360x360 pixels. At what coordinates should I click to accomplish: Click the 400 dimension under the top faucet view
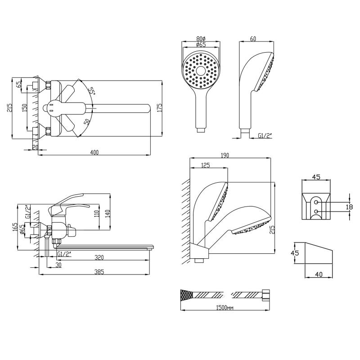[x=94, y=152]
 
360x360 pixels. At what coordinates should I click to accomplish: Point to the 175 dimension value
[x=160, y=108]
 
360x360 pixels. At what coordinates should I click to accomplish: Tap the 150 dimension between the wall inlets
[x=25, y=108]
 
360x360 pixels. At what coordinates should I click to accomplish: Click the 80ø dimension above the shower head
[x=201, y=38]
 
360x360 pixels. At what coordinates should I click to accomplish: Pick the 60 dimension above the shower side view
[x=253, y=39]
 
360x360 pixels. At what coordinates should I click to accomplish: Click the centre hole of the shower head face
[x=201, y=71]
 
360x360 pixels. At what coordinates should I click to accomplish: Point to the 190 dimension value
[x=225, y=155]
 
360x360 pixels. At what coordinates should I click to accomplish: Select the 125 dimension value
[x=206, y=165]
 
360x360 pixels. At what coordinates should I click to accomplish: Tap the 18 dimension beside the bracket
[x=350, y=207]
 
